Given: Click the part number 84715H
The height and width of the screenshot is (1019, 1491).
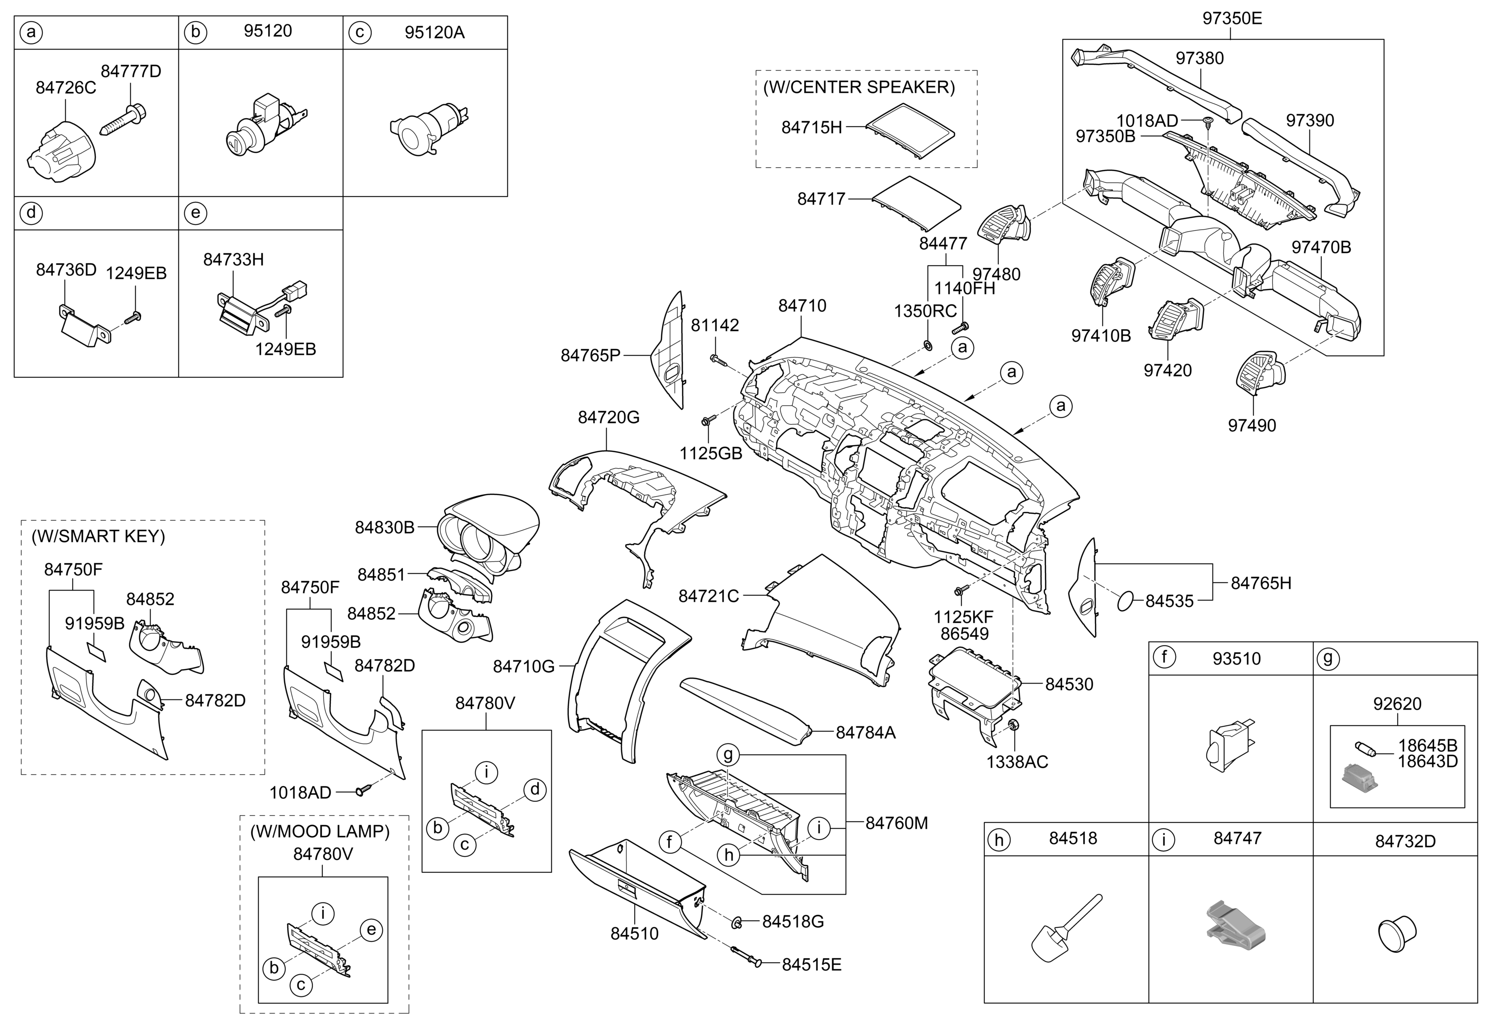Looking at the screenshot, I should click(x=811, y=128).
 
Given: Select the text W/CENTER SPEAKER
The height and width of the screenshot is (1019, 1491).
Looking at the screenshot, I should click(x=859, y=87).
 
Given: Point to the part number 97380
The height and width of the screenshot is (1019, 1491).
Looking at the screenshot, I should click(x=1199, y=59).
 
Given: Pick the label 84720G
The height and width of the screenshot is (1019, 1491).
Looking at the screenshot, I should click(x=608, y=418).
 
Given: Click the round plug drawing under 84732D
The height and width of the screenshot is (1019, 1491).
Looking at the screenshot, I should click(x=1397, y=934).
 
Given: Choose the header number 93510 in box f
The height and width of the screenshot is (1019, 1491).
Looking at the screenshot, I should click(x=1236, y=659).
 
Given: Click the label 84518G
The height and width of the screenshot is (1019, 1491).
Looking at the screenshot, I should click(x=792, y=922).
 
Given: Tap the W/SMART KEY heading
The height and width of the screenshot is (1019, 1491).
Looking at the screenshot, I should click(x=98, y=537).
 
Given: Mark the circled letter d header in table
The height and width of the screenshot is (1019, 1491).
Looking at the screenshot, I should click(x=31, y=212).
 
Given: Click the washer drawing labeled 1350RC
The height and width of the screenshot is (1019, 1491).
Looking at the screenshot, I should click(x=927, y=346).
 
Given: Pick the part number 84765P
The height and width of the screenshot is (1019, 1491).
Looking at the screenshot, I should click(x=590, y=355).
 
